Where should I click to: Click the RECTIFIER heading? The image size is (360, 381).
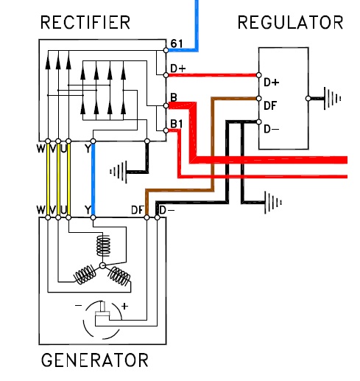85,22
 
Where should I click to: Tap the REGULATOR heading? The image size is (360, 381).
290,22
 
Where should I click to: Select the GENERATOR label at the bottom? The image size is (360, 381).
95,360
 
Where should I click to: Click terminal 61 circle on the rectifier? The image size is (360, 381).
166,50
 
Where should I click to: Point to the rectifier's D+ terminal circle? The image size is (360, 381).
166,75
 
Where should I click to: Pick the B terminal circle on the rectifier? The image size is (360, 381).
166,105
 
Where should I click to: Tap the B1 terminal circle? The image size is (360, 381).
166,130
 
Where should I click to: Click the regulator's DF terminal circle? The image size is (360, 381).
258,99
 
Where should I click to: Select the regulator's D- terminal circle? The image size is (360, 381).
258,122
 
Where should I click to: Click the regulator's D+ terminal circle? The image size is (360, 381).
258,75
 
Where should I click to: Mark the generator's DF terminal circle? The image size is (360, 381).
147,217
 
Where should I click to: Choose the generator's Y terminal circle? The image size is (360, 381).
93,217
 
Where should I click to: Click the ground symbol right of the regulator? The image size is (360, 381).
332,99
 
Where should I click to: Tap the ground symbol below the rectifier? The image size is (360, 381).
119,172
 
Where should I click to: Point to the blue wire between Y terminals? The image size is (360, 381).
93,179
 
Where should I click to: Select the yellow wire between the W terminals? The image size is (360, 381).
48,179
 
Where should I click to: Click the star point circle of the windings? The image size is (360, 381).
102,265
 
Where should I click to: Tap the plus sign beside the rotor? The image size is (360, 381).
124,306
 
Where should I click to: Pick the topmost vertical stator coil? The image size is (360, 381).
103,245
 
